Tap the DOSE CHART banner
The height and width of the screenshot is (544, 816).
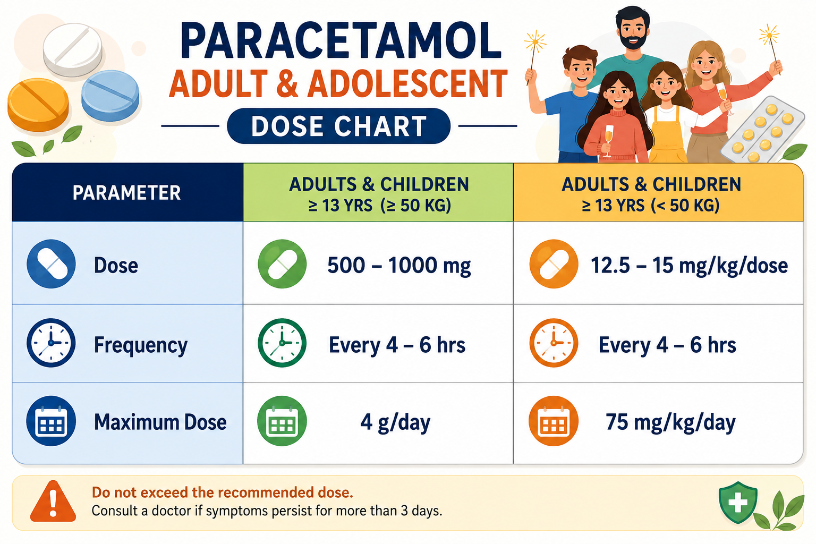(x=339, y=126)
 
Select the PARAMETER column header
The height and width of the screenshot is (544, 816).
(x=126, y=193)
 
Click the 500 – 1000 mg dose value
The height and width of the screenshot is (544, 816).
(x=399, y=266)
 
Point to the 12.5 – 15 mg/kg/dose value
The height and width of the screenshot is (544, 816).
(x=689, y=266)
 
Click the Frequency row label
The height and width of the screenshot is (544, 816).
(x=141, y=345)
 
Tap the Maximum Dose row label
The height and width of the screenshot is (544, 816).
(x=160, y=422)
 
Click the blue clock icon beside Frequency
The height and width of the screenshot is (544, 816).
(x=51, y=343)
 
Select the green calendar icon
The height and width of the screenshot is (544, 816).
(x=282, y=421)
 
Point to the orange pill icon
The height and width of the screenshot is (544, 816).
(x=554, y=264)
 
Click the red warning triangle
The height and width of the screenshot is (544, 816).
(x=53, y=501)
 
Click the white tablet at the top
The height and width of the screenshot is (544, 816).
(x=72, y=49)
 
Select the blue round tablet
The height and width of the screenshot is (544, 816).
(x=110, y=96)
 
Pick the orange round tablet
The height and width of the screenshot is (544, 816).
(x=38, y=105)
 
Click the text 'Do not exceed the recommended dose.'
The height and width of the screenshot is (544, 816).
(x=223, y=492)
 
